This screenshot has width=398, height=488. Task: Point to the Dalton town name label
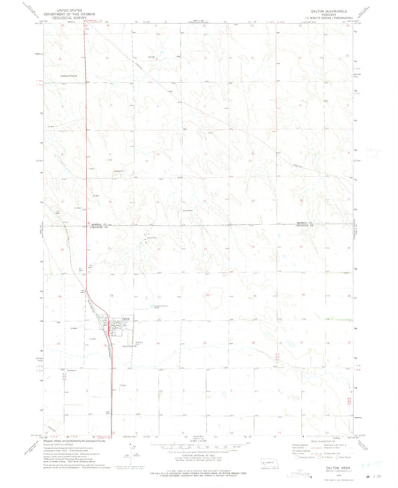point(126,319)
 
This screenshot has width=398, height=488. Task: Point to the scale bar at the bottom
point(199,442)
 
